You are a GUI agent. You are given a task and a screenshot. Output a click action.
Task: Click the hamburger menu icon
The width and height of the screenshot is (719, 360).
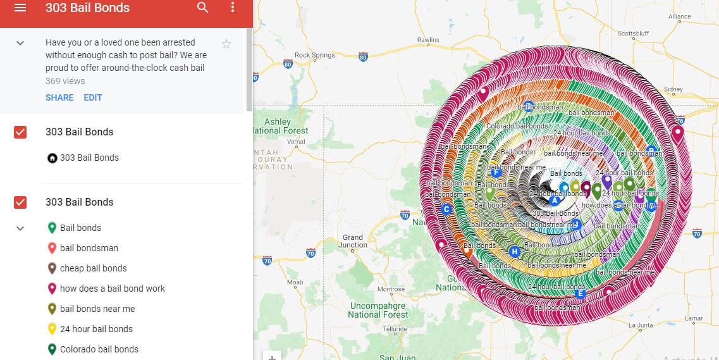coord(20,8)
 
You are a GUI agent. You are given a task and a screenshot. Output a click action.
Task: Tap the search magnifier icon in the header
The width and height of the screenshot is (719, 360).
coord(202,8)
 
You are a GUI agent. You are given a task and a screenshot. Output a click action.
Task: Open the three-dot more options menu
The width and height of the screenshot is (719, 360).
coord(233,8)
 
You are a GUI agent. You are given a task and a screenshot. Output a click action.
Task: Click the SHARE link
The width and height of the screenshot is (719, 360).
coord(59,97)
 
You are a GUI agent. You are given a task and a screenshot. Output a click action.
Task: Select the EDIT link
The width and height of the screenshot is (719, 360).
coord(93,97)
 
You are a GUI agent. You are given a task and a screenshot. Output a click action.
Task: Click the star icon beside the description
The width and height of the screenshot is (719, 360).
coord(226,44)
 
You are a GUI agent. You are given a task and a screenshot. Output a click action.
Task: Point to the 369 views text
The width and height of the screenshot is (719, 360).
coord(65,81)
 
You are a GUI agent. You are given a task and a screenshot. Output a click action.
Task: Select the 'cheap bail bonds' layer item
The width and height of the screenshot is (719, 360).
coord(93,268)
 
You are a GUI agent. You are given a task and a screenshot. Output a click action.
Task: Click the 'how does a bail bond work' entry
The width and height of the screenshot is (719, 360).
coord(112,289)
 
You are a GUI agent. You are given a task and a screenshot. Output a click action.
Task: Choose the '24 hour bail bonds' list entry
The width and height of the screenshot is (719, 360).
coord(96,329)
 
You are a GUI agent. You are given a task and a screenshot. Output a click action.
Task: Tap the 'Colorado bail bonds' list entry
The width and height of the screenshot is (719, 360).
coord(99,349)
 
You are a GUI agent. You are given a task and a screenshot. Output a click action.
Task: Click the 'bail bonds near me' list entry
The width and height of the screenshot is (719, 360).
coord(97,309)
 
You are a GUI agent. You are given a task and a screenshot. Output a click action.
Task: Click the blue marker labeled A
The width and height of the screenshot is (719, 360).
coord(555,201)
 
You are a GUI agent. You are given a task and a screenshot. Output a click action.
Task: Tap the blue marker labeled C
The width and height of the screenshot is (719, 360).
coord(446,209)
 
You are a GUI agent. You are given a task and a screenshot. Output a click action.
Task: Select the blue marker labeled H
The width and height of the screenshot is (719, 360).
coord(514,252)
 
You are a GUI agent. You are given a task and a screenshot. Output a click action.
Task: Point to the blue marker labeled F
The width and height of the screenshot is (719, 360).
coord(496,173)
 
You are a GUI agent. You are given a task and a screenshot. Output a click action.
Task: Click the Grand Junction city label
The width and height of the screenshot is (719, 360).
coord(353,241)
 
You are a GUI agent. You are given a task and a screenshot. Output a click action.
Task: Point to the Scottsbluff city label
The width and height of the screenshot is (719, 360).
coord(634,33)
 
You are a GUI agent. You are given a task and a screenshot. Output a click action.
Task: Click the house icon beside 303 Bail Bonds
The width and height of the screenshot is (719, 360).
coord(52,158)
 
